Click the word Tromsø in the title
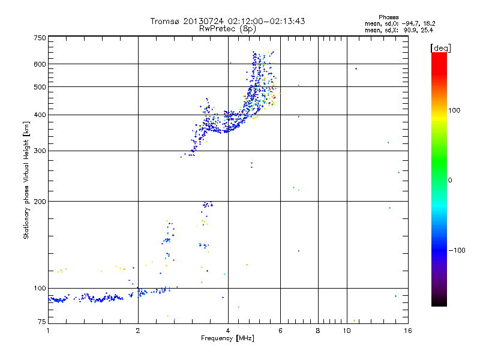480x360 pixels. pos(164,21)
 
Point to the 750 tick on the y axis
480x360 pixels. pos(40,38)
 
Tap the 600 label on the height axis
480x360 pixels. pos(40,64)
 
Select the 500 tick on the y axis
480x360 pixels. pos(40,86)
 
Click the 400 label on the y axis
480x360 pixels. pos(40,115)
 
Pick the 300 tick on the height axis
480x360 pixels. pos(40,151)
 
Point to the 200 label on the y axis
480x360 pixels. pos(40,201)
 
